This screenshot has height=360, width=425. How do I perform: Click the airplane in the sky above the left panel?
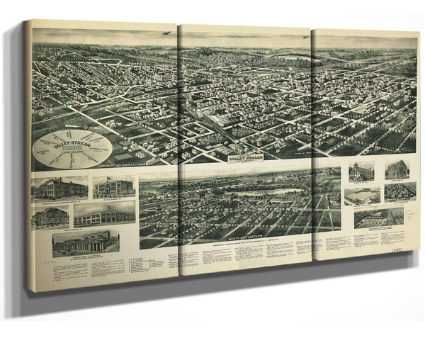pyautogui.click(x=164, y=33)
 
